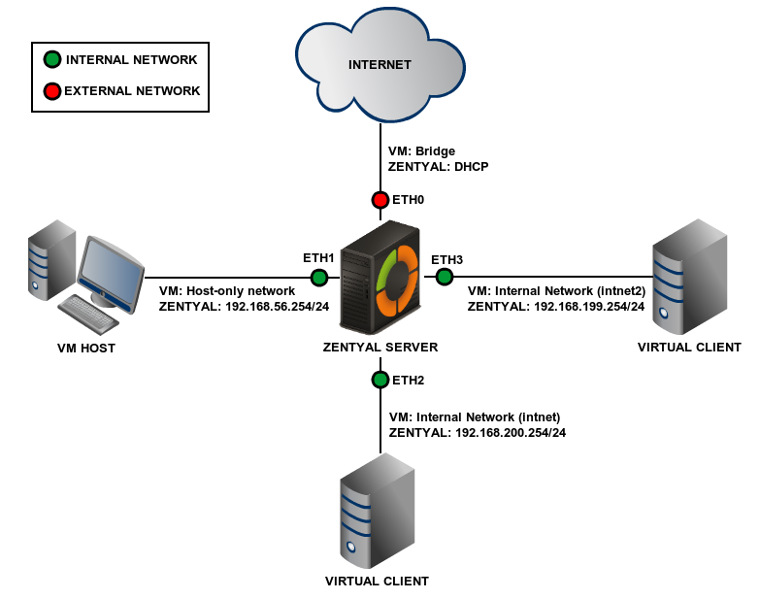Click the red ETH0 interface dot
pyautogui.click(x=380, y=201)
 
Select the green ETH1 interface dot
pyautogui.click(x=318, y=278)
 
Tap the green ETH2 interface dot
pyautogui.click(x=380, y=379)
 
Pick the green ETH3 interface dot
pyautogui.click(x=445, y=278)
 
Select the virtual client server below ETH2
pyautogui.click(x=377, y=510)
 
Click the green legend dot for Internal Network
pyautogui.click(x=51, y=60)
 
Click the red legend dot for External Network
pyautogui.click(x=51, y=91)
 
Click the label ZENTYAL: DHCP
pyautogui.click(x=438, y=167)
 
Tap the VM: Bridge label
pyautogui.click(x=421, y=151)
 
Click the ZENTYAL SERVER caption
pyautogui.click(x=380, y=348)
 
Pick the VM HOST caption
pyautogui.click(x=85, y=348)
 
